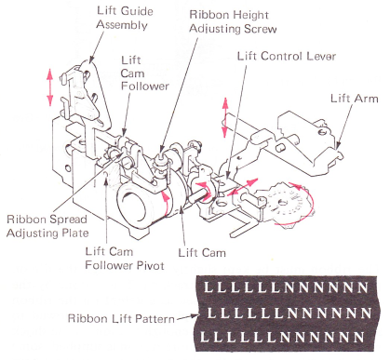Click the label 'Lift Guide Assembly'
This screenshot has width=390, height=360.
[x=125, y=18]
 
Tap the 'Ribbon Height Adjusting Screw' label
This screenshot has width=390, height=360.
[x=233, y=21]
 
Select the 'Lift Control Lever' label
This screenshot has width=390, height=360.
[x=287, y=56]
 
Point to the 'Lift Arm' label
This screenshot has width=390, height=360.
[x=355, y=99]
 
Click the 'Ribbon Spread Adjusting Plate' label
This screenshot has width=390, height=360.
[x=47, y=226]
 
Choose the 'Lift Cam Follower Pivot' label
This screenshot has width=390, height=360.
[x=125, y=259]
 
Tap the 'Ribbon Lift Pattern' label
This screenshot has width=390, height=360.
[x=121, y=318]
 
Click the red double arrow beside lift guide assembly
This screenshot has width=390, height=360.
[x=49, y=87]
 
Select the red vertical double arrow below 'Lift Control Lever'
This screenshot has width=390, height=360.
[x=225, y=117]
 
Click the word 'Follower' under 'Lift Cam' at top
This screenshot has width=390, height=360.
[x=145, y=86]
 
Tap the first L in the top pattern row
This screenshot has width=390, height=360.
[x=208, y=287]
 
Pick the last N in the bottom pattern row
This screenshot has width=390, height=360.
[x=359, y=337]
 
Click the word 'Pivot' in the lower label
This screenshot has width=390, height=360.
[x=151, y=265]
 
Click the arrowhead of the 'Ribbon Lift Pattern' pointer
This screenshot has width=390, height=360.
[x=195, y=316]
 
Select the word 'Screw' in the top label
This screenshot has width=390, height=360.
[x=260, y=29]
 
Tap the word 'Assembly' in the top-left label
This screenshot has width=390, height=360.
[x=122, y=25]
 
